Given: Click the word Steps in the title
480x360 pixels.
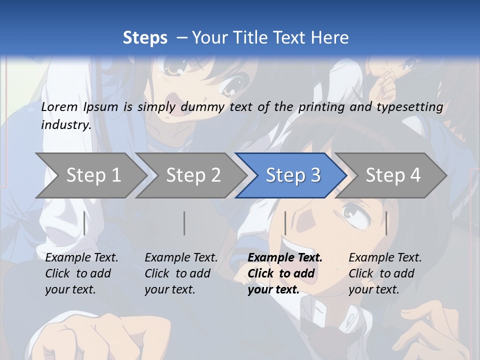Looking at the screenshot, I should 145,38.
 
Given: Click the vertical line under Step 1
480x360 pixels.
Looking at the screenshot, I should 84,223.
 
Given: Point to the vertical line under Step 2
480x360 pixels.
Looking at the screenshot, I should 184,223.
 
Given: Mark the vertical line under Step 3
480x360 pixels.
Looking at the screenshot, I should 285,223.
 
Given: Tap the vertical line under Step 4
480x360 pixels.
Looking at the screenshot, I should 386,223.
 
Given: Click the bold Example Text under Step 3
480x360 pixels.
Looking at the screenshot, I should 285,273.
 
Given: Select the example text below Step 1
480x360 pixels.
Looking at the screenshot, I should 81,273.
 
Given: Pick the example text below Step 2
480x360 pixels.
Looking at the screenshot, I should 181,273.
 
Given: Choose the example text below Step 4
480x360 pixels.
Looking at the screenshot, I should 385,273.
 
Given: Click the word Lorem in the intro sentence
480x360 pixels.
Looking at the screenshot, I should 59,107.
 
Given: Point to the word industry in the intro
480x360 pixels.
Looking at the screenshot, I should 65,125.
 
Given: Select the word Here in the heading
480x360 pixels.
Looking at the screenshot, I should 332,38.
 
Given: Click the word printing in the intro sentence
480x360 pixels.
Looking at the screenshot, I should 320,107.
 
